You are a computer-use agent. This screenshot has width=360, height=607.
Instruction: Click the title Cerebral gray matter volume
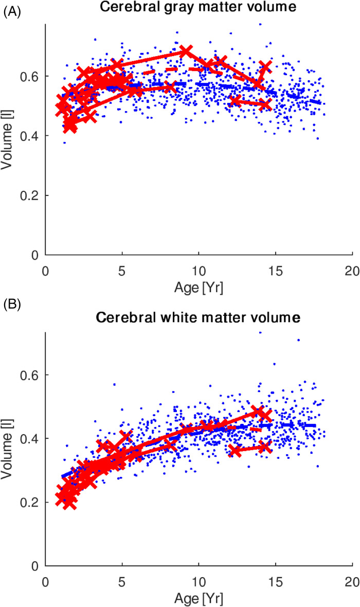pyautogui.click(x=198, y=7)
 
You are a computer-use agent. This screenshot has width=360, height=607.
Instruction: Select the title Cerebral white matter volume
pyautogui.click(x=198, y=318)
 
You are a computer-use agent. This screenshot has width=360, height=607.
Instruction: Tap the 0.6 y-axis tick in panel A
pyautogui.click(x=29, y=76)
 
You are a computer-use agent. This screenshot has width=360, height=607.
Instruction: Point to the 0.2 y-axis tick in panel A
pyautogui.click(x=29, y=195)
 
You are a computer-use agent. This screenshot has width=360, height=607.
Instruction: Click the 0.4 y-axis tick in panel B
pyautogui.click(x=29, y=439)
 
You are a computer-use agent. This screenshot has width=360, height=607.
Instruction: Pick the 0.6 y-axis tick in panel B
pyautogui.click(x=29, y=374)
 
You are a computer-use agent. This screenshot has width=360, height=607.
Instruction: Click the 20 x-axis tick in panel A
pyautogui.click(x=352, y=270)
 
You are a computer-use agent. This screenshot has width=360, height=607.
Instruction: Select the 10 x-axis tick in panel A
pyautogui.click(x=198, y=270)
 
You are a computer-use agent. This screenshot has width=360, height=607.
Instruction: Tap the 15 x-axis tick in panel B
pyautogui.click(x=275, y=581)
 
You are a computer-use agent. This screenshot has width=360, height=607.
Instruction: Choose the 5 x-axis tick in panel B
pyautogui.click(x=122, y=581)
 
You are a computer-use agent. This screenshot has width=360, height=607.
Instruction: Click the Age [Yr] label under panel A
pyautogui.click(x=198, y=287)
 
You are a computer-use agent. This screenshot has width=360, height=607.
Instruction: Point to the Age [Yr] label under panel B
pyautogui.click(x=198, y=598)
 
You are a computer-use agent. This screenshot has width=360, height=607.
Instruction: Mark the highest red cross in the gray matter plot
pyautogui.click(x=186, y=51)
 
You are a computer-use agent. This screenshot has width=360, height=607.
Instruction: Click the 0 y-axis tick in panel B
pyautogui.click(x=34, y=566)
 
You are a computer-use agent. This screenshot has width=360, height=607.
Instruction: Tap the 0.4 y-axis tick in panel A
pyautogui.click(x=29, y=136)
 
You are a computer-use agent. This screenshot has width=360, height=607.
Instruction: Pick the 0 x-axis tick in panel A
pyautogui.click(x=46, y=270)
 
